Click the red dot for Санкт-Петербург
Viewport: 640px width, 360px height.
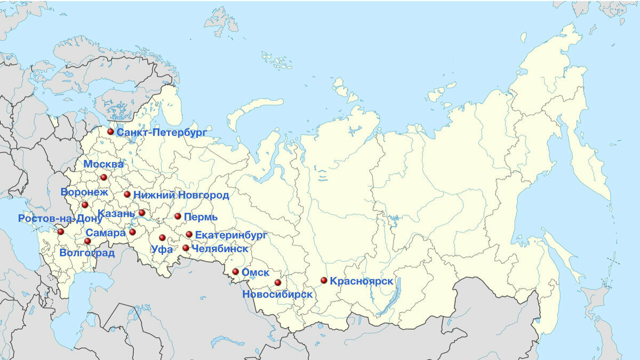(x=110, y=132)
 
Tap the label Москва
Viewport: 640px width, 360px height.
(x=103, y=164)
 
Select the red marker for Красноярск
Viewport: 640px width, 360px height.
(x=324, y=281)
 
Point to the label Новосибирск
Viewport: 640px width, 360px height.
(x=277, y=294)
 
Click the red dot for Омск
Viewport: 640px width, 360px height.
(x=235, y=271)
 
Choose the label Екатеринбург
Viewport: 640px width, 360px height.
(x=231, y=235)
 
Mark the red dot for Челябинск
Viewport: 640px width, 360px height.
(x=186, y=248)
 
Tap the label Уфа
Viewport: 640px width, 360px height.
(x=162, y=249)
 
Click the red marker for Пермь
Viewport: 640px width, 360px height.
(x=178, y=217)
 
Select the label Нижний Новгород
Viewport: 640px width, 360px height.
(x=181, y=195)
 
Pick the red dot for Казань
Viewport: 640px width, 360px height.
(x=142, y=213)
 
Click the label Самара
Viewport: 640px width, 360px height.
(x=105, y=233)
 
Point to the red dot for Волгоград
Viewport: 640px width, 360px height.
(x=87, y=241)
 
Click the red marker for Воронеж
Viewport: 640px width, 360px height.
(x=85, y=205)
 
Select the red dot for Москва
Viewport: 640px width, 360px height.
(x=103, y=177)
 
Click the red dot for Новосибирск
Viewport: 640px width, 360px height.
(x=277, y=283)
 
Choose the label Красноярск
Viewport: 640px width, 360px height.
(x=362, y=281)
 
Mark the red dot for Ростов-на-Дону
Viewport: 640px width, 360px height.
(x=61, y=232)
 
